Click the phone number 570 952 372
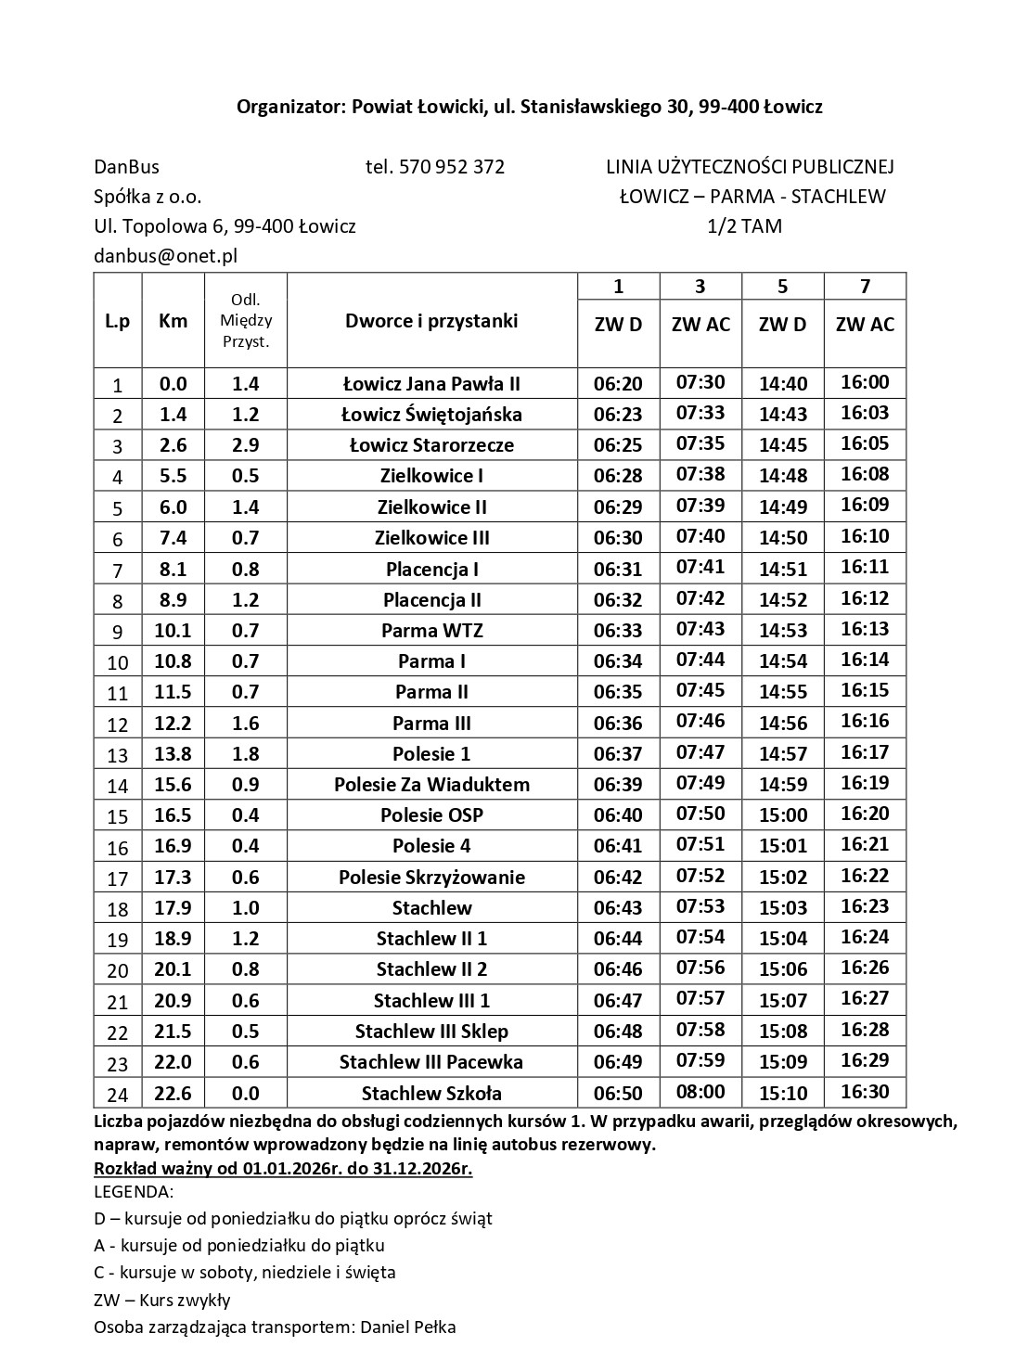451,167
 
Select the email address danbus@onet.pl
165,256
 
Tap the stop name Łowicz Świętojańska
431,415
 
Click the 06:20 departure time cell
618,384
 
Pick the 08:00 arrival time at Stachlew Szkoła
700,1092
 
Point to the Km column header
173,321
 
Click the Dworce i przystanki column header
431,321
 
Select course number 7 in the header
865,287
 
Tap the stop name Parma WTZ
431,631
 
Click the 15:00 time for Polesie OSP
783,815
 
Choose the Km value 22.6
173,1093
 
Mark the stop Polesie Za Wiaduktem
431,785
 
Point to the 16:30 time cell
865,1092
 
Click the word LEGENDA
133,1192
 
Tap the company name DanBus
126,167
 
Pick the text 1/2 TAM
744,226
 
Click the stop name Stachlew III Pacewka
431,1062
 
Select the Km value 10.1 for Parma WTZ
173,631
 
